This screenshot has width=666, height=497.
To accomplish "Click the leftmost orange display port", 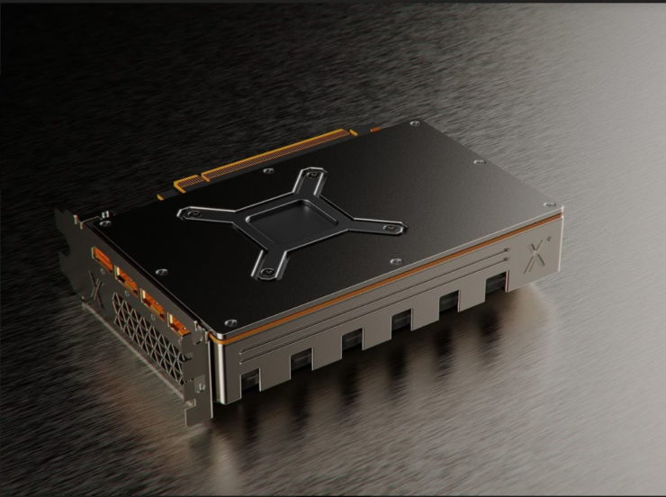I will click(x=101, y=261).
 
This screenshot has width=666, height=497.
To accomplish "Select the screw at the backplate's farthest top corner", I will click(x=413, y=123).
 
